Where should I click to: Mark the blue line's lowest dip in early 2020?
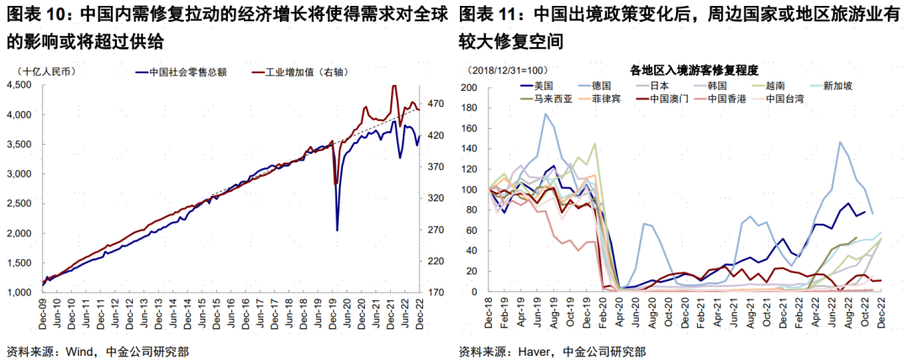coord(337,230)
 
